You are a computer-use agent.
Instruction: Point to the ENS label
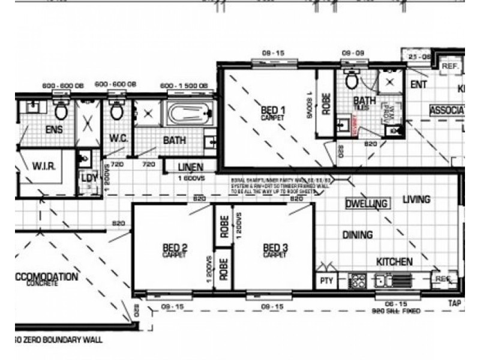pos(54,130)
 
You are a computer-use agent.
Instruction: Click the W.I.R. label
pos(44,166)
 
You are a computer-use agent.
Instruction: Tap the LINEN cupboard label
pos(190,167)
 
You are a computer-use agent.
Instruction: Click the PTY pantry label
pos(326,280)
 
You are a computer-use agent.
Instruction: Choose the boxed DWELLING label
pos(366,204)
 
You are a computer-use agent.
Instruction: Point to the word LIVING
pos(416,200)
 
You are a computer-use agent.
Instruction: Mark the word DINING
pos(357,235)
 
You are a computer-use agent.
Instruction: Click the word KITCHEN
pos(394,262)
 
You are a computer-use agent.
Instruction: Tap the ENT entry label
pos(418,85)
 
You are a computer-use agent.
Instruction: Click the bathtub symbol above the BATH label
pos(188,114)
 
